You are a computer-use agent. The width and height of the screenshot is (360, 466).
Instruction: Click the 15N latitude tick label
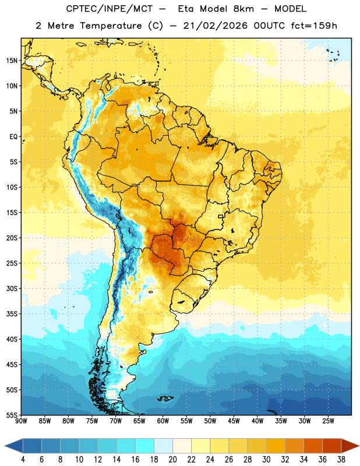[12, 61]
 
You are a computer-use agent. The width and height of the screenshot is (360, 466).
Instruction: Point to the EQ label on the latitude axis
[13, 137]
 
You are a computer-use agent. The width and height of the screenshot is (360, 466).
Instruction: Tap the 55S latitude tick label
[12, 415]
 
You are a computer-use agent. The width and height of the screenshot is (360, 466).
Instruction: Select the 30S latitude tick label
[12, 288]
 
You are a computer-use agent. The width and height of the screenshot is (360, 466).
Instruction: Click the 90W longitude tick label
[21, 421]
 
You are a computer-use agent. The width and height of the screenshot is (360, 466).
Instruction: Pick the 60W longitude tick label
[163, 421]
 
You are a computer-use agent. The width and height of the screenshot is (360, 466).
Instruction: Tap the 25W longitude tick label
[328, 421]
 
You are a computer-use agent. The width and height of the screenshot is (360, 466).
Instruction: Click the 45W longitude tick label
[234, 421]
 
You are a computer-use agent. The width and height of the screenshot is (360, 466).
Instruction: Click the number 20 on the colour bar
[172, 460]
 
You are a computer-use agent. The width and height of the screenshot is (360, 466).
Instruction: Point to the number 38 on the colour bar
[341, 460]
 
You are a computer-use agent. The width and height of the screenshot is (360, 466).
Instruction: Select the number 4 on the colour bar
[23, 460]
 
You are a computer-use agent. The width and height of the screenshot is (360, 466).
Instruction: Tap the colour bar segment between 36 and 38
[332, 446]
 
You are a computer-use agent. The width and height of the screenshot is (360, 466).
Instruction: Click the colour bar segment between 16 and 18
[144, 446]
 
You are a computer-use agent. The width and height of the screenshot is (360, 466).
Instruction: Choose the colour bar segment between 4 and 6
[32, 446]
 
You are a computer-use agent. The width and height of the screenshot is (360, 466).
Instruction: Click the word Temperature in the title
[111, 26]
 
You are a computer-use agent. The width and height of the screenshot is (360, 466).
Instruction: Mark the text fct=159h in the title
[314, 26]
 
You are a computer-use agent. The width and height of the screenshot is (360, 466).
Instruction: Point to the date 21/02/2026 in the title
[215, 26]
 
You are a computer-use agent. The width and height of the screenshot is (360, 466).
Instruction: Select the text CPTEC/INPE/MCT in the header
[110, 9]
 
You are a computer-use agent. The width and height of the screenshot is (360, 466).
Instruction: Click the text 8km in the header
[243, 9]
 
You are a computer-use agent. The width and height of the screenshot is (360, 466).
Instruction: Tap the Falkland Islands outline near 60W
[165, 398]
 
